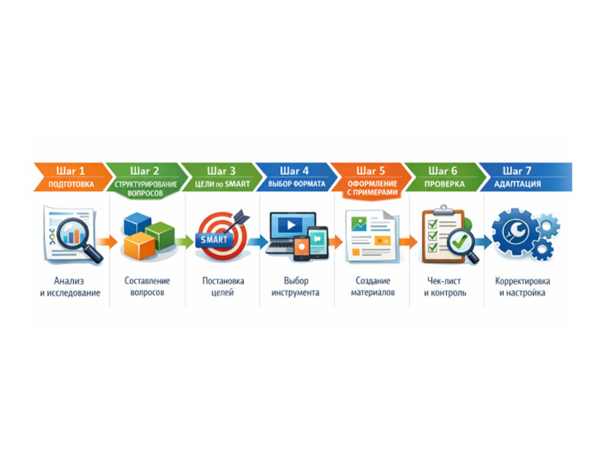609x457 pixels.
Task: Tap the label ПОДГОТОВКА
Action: pyautogui.click(x=72, y=184)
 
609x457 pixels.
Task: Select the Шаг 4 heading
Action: pyautogui.click(x=295, y=171)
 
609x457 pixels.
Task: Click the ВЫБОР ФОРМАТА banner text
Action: pyautogui.click(x=297, y=184)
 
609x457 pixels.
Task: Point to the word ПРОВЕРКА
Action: pyautogui.click(x=445, y=184)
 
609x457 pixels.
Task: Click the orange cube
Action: pyautogui.click(x=139, y=246)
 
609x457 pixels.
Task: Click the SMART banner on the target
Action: pyautogui.click(x=214, y=240)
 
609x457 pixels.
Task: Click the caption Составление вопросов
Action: pyautogui.click(x=147, y=286)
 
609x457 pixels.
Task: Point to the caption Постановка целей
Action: pyautogui.click(x=223, y=286)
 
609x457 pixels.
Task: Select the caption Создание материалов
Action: pyautogui.click(x=373, y=286)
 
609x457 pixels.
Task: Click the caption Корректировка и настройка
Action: pyautogui.click(x=522, y=286)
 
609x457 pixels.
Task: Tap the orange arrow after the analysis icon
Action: pyautogui.click(x=110, y=242)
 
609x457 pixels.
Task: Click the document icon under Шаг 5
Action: pyautogui.click(x=371, y=235)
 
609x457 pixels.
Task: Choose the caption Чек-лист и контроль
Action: pyautogui.click(x=447, y=286)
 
